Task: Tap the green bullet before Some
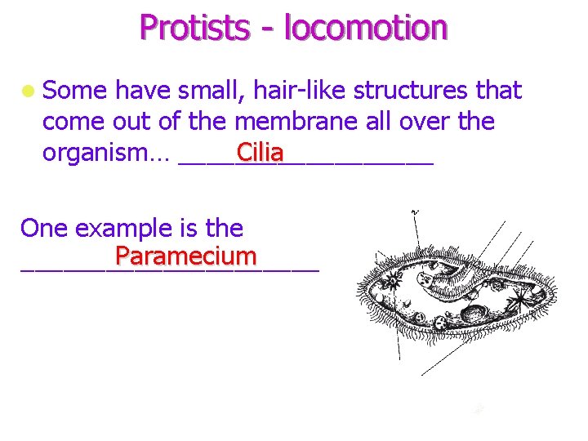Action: click(29, 91)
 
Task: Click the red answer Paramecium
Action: click(186, 256)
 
